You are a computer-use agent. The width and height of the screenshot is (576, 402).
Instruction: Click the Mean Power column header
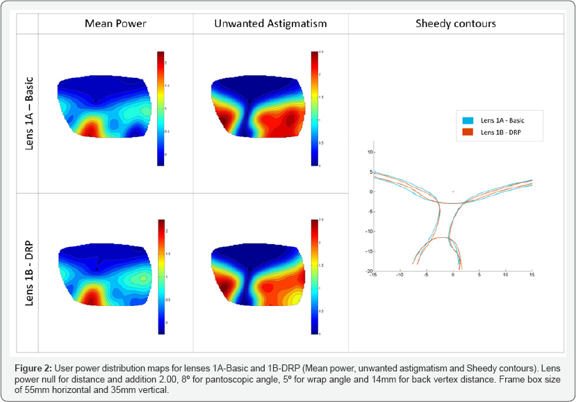tap(115, 24)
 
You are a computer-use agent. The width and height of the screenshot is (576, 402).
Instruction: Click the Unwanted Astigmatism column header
tap(270, 24)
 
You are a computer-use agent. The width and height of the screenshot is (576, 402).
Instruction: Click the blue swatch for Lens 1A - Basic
tap(468, 120)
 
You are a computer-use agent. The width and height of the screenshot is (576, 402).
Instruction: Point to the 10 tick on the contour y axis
tap(370, 152)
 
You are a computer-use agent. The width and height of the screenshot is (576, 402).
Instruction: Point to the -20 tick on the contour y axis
tap(370, 271)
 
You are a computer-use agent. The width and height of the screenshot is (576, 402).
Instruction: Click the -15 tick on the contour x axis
tap(374, 275)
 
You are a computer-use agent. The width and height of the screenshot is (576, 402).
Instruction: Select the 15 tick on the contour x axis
tap(532, 275)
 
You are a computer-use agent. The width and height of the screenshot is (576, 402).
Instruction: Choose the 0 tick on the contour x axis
tap(453, 275)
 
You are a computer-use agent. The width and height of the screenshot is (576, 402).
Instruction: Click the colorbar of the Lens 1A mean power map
tap(161, 108)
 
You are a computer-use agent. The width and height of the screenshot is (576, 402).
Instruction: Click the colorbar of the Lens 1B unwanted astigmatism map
tap(315, 277)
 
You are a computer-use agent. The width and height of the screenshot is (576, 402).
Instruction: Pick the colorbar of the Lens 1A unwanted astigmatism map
tap(315, 108)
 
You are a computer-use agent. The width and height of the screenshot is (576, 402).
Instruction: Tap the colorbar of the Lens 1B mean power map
tap(161, 277)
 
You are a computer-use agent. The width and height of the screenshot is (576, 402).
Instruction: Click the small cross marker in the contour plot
tap(453, 191)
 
